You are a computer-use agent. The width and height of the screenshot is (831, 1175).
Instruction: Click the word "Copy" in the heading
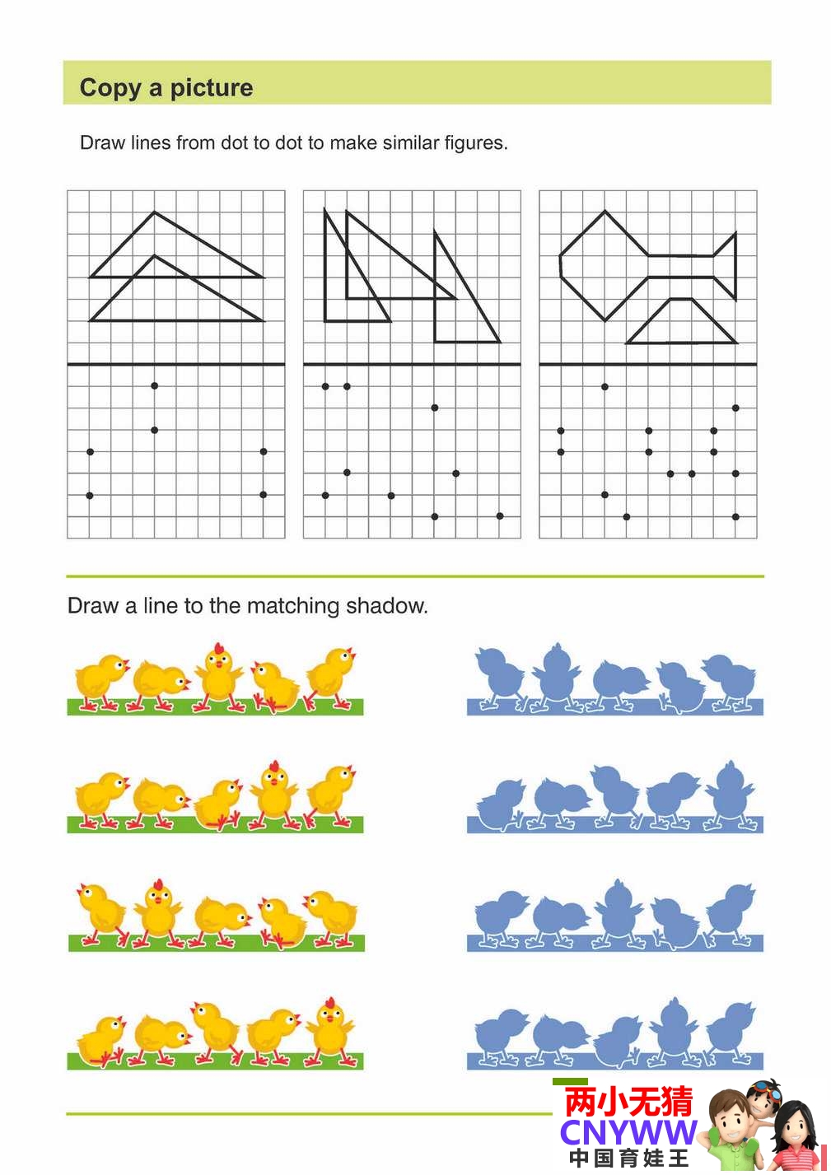pyautogui.click(x=110, y=88)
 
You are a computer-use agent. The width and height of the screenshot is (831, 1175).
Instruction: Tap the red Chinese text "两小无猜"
pyautogui.click(x=628, y=1101)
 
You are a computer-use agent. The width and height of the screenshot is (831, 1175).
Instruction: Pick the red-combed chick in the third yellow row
pyautogui.click(x=158, y=913)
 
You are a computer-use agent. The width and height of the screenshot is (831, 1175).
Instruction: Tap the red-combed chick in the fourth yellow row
pyautogui.click(x=330, y=1031)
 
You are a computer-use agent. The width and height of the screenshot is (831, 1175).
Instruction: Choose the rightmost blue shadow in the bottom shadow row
pyautogui.click(x=731, y=1033)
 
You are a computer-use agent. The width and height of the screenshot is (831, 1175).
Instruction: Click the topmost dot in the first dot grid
pyautogui.click(x=154, y=385)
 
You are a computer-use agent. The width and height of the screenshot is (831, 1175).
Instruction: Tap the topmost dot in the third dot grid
pyautogui.click(x=605, y=387)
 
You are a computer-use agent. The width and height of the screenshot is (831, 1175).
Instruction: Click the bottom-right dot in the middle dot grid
pyautogui.click(x=500, y=516)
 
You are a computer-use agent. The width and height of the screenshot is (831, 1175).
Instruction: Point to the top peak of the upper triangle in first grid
pyautogui.click(x=154, y=212)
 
